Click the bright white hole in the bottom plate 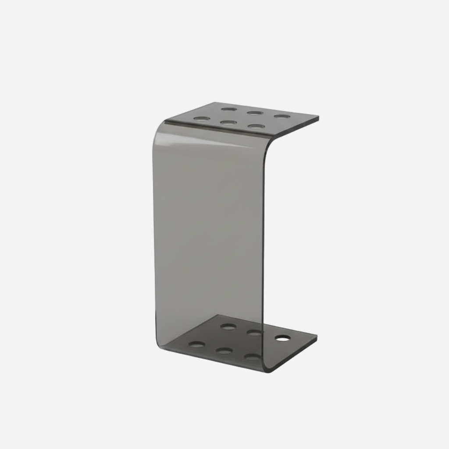282,338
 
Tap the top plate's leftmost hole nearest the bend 201,119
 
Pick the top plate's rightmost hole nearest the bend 256,126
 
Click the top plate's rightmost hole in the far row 282,117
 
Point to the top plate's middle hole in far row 255,113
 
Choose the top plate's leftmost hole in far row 229,109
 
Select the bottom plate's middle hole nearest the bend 224,351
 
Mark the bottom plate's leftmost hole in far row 228,326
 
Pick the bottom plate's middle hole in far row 255,332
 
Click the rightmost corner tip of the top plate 318,118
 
